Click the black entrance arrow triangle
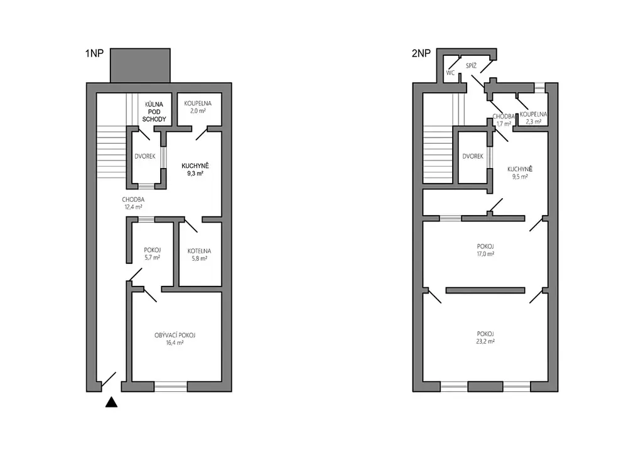[x=112, y=403]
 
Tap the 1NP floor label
[x=94, y=54]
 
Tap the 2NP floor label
[x=421, y=54]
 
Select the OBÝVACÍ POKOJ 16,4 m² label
[x=175, y=339]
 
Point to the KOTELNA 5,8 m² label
[x=199, y=255]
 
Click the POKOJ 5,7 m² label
[x=152, y=254]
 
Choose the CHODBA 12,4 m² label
[x=133, y=203]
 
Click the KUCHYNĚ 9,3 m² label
[x=195, y=169]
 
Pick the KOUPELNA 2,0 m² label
[x=198, y=107]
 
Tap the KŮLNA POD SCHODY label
[x=154, y=112]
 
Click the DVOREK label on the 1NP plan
[x=145, y=156]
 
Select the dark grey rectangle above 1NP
[x=140, y=65]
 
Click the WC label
[x=451, y=73]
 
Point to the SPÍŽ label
[x=471, y=65]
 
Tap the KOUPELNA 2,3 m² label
[x=533, y=118]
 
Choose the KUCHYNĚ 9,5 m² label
[x=519, y=172]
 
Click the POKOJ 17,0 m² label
[x=485, y=250]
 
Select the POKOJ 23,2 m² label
[x=485, y=337]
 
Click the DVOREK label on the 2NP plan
[x=473, y=156]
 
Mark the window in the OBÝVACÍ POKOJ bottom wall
[x=171, y=386]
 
